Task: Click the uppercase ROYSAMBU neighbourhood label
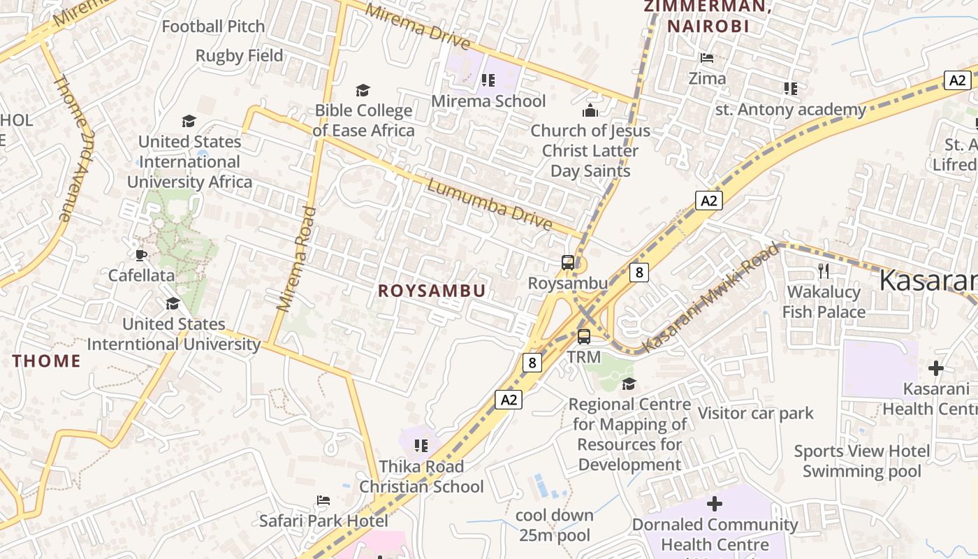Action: [432, 291]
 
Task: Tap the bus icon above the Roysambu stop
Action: [568, 263]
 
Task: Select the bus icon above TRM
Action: [584, 337]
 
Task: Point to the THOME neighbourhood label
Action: [47, 361]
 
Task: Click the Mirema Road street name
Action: [297, 259]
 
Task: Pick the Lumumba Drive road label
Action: [490, 205]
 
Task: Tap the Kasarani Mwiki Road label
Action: [710, 298]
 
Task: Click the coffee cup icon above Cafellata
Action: [141, 255]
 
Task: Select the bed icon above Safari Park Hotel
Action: [323, 500]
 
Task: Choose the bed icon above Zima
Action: [707, 58]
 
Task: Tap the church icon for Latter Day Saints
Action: [590, 110]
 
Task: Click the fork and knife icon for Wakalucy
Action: [824, 271]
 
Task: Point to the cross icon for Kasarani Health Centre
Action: [936, 368]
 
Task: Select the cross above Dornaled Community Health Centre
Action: [715, 503]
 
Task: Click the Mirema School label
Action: [488, 101]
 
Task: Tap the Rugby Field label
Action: [240, 56]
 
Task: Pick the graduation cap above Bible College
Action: [363, 90]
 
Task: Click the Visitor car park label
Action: [756, 414]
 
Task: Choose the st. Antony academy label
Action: [791, 110]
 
